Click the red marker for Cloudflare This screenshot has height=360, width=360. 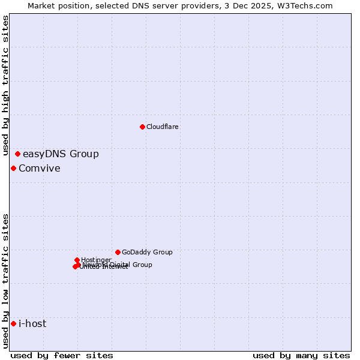click(142, 127)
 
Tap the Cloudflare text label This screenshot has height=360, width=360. click(163, 127)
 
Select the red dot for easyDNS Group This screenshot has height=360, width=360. click(17, 154)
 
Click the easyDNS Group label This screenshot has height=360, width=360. click(61, 154)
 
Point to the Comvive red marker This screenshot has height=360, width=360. click(13, 168)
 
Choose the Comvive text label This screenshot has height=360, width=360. click(40, 168)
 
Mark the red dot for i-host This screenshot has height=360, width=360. click(13, 324)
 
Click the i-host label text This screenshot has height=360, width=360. click(32, 324)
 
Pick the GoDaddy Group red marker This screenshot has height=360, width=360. click(118, 252)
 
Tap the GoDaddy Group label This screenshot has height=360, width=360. click(147, 252)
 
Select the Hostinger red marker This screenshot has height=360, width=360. click(77, 260)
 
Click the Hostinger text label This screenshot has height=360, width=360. click(96, 260)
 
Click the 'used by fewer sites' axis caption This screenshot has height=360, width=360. click(62, 355)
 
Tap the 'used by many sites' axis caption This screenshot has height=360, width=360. click(301, 355)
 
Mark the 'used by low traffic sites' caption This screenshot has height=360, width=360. click(5, 280)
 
